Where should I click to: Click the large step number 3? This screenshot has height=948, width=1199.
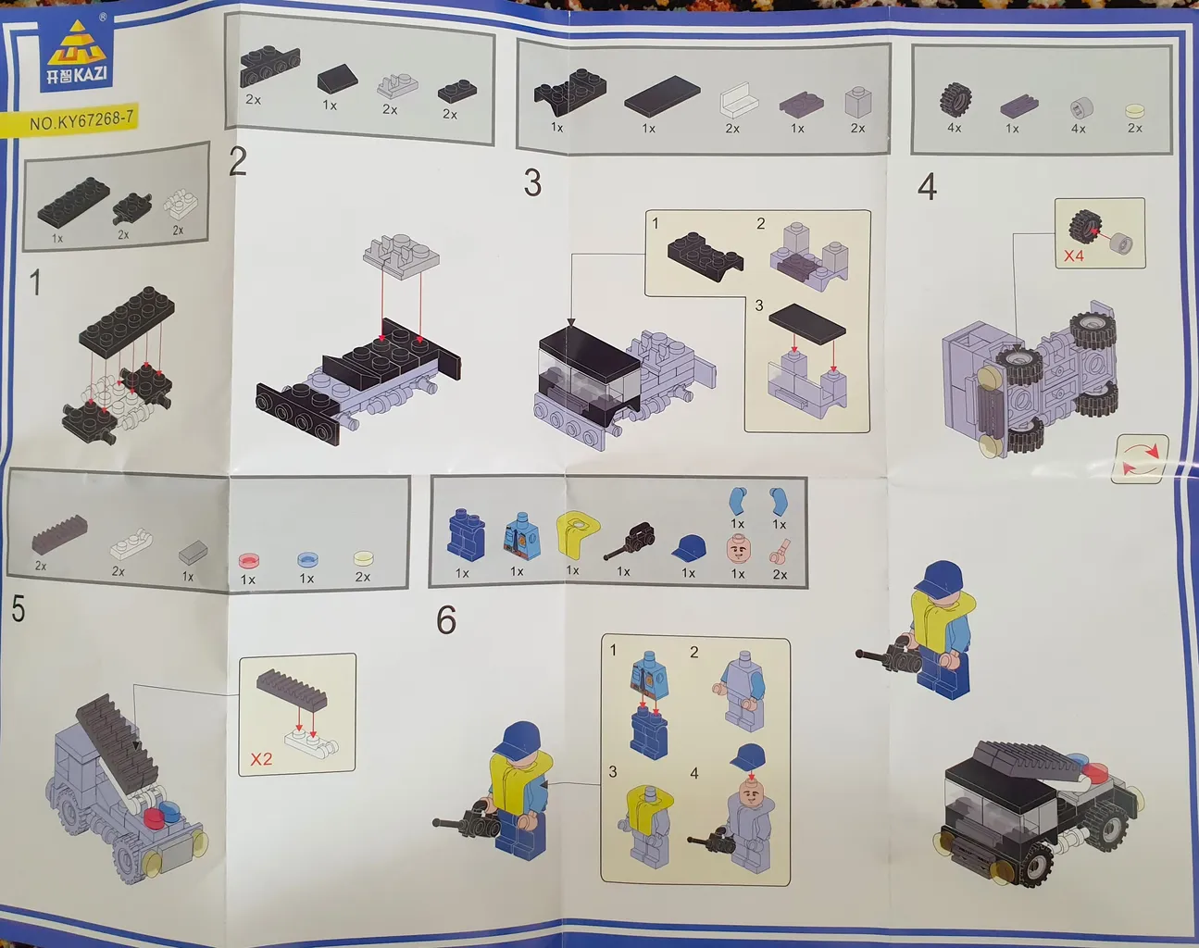click(x=532, y=183)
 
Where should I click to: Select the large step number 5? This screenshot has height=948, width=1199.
click(x=19, y=608)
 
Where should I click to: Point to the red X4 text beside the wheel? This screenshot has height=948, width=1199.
click(x=1074, y=256)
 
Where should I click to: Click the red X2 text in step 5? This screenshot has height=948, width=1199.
click(x=261, y=759)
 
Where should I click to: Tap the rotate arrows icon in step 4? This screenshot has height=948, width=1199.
click(x=1140, y=460)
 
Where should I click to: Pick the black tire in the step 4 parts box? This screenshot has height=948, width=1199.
click(x=956, y=101)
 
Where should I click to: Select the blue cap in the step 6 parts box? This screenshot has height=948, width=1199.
click(x=689, y=547)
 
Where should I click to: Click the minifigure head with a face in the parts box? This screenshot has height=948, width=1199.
click(x=737, y=548)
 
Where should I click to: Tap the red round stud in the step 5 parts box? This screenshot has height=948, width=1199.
click(x=250, y=560)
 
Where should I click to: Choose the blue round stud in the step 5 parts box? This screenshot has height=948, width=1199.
click(x=308, y=559)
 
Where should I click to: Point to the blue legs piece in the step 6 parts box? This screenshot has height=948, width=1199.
click(x=466, y=534)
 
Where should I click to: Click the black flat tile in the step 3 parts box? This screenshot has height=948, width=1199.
click(x=662, y=97)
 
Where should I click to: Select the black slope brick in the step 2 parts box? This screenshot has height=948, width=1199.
click(x=338, y=81)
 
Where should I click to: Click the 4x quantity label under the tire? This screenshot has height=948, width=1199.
click(x=955, y=128)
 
